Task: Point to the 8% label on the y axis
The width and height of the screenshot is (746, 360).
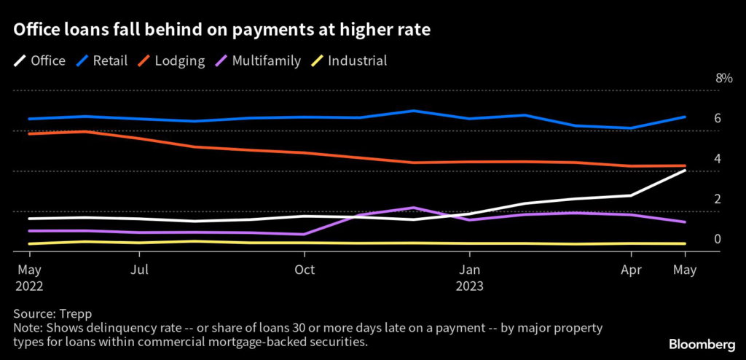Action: pyautogui.click(x=723, y=79)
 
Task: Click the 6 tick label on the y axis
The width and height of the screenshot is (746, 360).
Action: pyautogui.click(x=718, y=119)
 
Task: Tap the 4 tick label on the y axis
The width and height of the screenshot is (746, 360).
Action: pyautogui.click(x=718, y=159)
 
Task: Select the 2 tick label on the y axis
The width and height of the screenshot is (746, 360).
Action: pyautogui.click(x=718, y=199)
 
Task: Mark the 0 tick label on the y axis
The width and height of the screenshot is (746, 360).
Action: pyautogui.click(x=718, y=239)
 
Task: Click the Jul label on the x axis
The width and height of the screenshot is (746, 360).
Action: pyautogui.click(x=139, y=270)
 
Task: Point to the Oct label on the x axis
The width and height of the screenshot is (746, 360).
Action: pyautogui.click(x=305, y=270)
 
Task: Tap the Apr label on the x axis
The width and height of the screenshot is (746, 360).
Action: pyautogui.click(x=631, y=270)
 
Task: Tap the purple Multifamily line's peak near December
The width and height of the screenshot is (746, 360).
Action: pyautogui.click(x=414, y=208)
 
